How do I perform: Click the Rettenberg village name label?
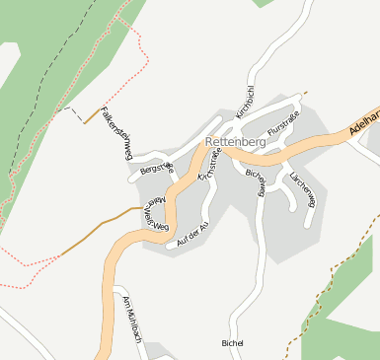(236, 142)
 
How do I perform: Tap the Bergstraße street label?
(157, 170)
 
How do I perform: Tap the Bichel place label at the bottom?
(232, 343)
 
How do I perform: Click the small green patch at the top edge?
(264, 3)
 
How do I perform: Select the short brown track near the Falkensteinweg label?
(93, 115)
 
